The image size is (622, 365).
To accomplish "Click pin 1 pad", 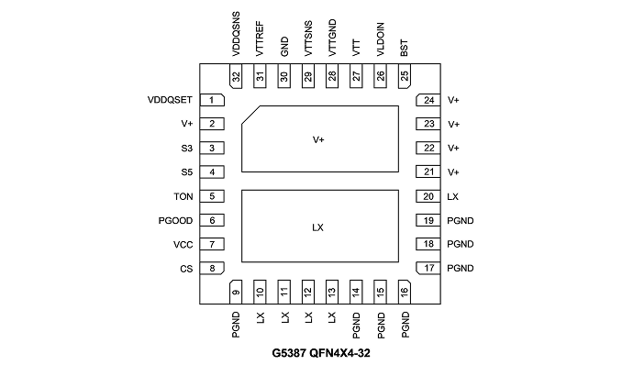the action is (212, 100).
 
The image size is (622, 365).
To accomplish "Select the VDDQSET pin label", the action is (170, 100).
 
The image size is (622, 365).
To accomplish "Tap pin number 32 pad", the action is (236, 76).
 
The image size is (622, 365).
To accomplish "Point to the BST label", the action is (405, 48).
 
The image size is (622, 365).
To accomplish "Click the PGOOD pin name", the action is (175, 221).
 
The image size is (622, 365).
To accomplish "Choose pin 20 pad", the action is (428, 196).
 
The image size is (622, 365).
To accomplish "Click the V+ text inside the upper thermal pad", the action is (318, 139).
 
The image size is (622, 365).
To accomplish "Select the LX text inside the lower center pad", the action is (317, 227).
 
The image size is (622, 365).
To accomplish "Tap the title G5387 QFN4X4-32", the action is (321, 353).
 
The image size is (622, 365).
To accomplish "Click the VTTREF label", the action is (260, 39).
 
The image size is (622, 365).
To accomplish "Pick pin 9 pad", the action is (236, 292).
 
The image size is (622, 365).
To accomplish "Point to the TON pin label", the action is (183, 197).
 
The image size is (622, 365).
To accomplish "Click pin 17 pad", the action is (428, 268).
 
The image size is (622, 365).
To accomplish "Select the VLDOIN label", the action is (380, 39).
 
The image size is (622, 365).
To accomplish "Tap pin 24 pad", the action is (428, 100).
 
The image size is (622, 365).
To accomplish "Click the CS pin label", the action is (186, 269).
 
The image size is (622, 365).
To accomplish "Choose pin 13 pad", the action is (331, 292).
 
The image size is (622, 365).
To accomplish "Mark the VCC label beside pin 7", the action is (183, 245).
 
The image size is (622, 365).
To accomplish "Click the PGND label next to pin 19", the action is (461, 221).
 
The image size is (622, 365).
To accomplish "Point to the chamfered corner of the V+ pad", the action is (250, 115).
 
